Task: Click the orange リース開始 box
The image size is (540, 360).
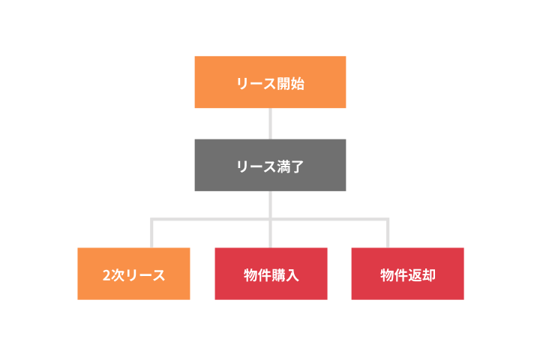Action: pyautogui.click(x=270, y=82)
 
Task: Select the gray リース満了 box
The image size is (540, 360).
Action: pyautogui.click(x=270, y=165)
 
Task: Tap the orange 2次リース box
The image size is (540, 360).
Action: pyautogui.click(x=133, y=274)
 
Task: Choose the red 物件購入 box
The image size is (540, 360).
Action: pyautogui.click(x=271, y=274)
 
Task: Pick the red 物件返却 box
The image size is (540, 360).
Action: pyautogui.click(x=407, y=274)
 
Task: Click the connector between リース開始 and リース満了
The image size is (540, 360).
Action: pyautogui.click(x=270, y=124)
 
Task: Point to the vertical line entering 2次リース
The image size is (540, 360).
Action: pyautogui.click(x=151, y=233)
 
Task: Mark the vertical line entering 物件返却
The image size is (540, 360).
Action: pyautogui.click(x=388, y=233)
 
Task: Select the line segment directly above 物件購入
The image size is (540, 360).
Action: pyautogui.click(x=270, y=234)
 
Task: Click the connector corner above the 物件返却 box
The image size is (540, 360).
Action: pyautogui.click(x=388, y=219)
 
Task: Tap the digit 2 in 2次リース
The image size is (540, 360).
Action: pyautogui.click(x=106, y=275)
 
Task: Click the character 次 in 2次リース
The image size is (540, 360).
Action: pyautogui.click(x=118, y=275)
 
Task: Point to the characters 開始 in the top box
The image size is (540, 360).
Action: pyautogui.click(x=291, y=84)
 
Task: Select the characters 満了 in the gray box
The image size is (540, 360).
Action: pyautogui.click(x=291, y=166)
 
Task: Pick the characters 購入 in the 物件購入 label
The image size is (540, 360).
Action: pyautogui.click(x=285, y=275)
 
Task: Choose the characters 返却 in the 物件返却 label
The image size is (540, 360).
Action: pyautogui.click(x=421, y=275)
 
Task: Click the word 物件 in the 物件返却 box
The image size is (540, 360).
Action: pyautogui.click(x=394, y=275)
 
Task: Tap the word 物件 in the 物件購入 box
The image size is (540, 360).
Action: pyautogui.click(x=257, y=275)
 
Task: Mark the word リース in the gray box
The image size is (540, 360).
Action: pyautogui.click(x=256, y=166)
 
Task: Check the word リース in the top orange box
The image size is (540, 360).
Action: pyautogui.click(x=256, y=84)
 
